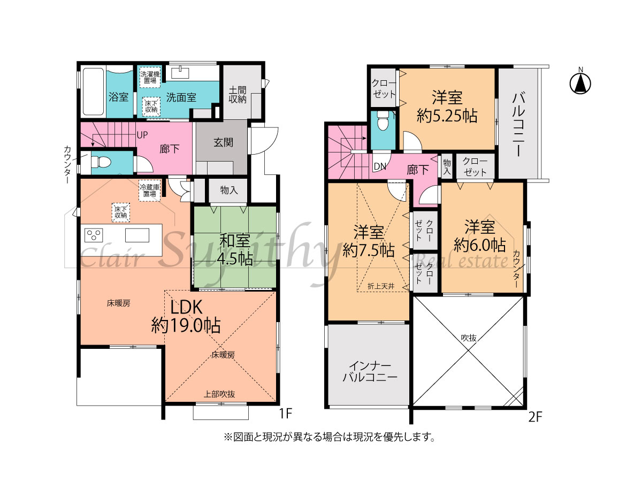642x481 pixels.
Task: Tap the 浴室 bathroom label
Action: point(118,97)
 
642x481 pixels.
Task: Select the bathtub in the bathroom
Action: point(93,91)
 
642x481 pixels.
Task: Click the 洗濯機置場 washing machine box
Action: point(150,77)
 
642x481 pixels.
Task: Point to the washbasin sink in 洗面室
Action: point(180,72)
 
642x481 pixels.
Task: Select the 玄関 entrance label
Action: point(223,142)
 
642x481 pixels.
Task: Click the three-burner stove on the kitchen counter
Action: point(94,235)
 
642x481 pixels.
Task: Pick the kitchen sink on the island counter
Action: point(137,235)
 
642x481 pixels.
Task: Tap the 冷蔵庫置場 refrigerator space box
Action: point(149,190)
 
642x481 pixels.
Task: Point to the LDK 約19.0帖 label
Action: point(186,316)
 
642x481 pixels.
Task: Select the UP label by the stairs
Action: point(142,135)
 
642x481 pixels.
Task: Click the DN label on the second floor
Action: point(380,166)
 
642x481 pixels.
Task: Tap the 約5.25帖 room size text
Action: point(447,116)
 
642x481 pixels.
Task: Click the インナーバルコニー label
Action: point(370,371)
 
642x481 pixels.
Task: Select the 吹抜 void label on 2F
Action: point(469,338)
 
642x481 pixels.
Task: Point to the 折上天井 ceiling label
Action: point(381,286)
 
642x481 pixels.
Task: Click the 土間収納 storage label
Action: point(238,95)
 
